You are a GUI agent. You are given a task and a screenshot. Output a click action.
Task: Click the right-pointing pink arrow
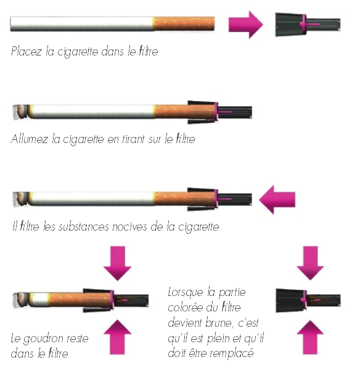tap(245, 25)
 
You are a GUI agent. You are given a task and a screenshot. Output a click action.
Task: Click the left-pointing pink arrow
tap(277, 200)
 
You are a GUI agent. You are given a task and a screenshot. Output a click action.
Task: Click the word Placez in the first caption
tap(27, 51)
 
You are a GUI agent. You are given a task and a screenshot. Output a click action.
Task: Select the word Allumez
tap(30, 139)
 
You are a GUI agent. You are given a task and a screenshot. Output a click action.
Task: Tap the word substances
tap(84, 226)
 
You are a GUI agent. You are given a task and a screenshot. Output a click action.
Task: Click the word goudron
tap(43, 339)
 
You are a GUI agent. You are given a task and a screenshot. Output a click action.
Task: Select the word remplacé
tap(232, 354)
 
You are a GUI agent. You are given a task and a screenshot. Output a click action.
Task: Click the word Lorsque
tap(186, 292)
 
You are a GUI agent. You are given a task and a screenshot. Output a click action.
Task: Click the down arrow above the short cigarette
tap(118, 263)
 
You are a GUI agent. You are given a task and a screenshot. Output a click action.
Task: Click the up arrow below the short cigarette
tap(118, 337)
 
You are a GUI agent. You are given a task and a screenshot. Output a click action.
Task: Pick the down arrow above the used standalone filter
tap(310, 263)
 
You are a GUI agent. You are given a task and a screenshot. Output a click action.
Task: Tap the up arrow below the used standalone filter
tap(310, 337)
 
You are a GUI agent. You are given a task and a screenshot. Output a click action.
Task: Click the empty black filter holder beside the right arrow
tap(308, 25)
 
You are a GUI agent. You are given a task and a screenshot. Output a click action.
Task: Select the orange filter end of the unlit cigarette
tap(184, 23)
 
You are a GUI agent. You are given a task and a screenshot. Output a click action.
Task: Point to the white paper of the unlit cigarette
tap(82, 24)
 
